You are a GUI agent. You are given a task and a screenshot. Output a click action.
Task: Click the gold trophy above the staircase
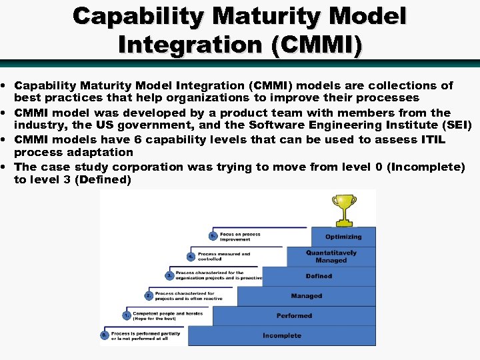(344, 208)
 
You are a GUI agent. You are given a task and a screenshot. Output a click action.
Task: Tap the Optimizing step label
(343, 237)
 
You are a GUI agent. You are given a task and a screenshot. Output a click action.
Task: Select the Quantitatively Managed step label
(331, 257)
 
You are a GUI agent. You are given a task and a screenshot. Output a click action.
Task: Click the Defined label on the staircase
(319, 276)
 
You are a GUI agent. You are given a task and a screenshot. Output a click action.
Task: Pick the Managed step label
(306, 296)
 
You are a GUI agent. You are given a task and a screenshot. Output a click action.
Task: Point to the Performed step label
(294, 316)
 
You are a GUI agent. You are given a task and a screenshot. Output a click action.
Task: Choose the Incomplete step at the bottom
(281, 336)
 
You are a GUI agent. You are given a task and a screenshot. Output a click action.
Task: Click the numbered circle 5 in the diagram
(213, 235)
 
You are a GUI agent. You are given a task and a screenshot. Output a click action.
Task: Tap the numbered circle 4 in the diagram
(191, 255)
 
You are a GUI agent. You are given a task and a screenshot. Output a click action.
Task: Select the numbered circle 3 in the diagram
(169, 275)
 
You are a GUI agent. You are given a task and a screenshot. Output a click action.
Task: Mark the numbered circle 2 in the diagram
(148, 295)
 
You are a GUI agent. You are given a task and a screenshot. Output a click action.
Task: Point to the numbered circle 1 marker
(125, 315)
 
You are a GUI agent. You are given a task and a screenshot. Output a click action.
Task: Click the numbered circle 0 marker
(104, 335)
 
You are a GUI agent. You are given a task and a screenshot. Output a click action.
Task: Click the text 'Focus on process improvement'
(240, 237)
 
